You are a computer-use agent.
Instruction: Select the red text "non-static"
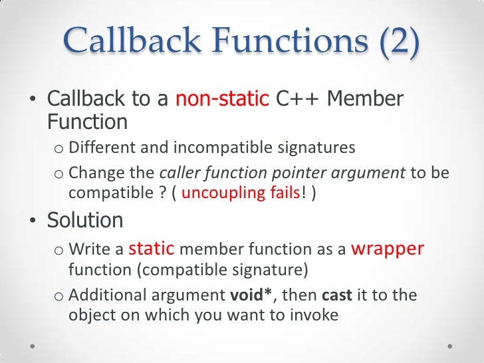click(x=221, y=99)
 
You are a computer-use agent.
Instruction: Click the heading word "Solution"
click(x=85, y=220)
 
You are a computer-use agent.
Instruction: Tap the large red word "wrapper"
click(x=387, y=249)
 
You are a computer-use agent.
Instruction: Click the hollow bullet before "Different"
click(x=58, y=148)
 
